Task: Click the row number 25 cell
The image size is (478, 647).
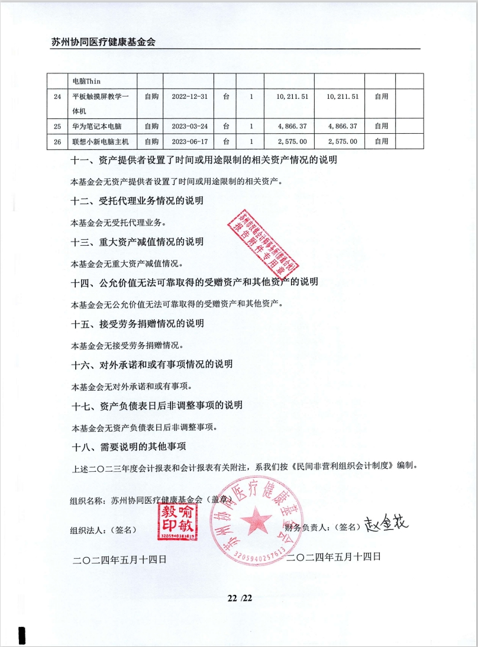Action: click(57, 126)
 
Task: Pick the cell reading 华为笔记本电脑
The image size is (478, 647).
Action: click(96, 126)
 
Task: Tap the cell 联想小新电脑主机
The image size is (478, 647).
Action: click(100, 141)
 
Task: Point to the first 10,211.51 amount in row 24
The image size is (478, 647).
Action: click(288, 96)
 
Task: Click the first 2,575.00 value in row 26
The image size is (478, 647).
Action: click(288, 141)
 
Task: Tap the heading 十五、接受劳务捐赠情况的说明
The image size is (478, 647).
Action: click(137, 324)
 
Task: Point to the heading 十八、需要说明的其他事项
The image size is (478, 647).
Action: click(128, 446)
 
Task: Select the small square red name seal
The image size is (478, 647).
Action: click(176, 521)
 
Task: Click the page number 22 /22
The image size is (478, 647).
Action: click(240, 597)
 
